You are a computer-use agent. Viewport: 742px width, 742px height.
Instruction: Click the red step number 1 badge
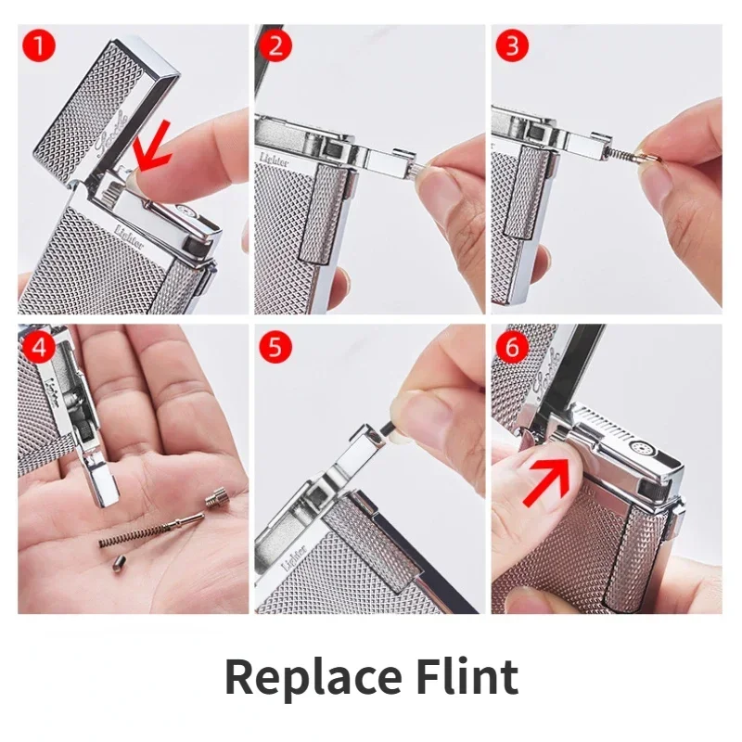point(39,45)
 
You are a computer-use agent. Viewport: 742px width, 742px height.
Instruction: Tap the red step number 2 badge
point(275,45)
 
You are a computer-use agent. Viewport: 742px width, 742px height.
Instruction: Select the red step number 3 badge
point(512,45)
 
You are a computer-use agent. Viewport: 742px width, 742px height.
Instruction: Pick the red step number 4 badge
point(39,347)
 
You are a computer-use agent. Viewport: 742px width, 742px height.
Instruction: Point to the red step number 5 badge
point(275,347)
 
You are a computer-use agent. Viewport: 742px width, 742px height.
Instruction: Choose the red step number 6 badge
point(512,347)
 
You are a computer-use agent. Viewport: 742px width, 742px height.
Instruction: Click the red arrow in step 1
point(151,145)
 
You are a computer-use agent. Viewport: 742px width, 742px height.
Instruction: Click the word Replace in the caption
point(313,678)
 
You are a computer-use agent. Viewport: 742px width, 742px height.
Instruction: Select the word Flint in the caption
point(467,676)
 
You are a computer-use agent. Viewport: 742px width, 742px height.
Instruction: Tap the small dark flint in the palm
point(119,565)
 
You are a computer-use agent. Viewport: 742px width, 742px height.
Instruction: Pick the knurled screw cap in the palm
point(218,498)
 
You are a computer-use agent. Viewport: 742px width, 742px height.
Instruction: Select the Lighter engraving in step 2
point(274,159)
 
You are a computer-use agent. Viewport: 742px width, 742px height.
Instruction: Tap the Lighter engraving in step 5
point(294,558)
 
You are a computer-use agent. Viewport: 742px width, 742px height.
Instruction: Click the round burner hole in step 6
point(640,447)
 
